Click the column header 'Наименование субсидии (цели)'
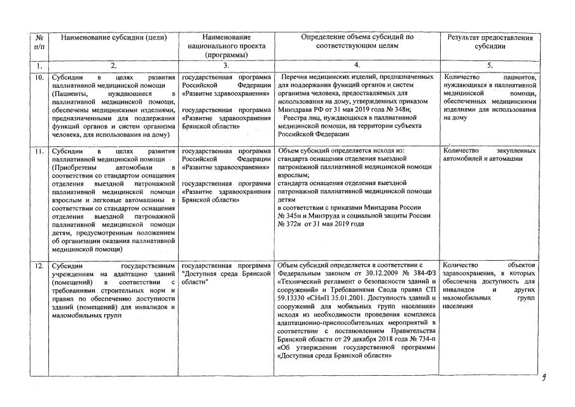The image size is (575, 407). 113,38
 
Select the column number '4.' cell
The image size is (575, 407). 357,65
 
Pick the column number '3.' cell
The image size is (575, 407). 226,65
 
